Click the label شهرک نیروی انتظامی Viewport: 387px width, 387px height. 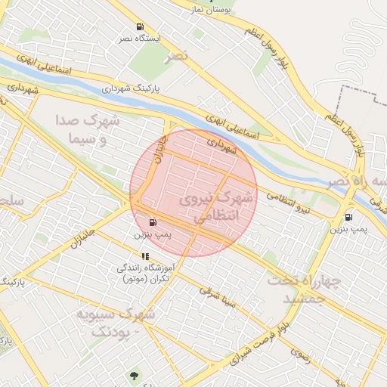click(x=218, y=206)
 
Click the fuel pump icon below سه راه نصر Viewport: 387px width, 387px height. click(x=348, y=218)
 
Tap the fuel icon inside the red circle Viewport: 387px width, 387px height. click(x=154, y=223)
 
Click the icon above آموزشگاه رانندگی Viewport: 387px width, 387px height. click(x=145, y=257)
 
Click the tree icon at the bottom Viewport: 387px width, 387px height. click(x=135, y=375)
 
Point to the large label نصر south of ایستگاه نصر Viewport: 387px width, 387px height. click(x=178, y=56)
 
